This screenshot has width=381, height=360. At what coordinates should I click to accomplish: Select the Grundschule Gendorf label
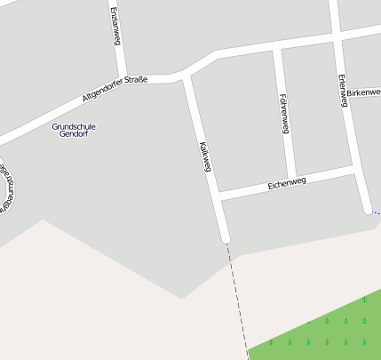click(x=74, y=130)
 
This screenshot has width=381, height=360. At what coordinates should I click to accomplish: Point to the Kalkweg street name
click(x=205, y=155)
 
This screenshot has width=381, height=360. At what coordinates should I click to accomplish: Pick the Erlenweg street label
click(x=341, y=90)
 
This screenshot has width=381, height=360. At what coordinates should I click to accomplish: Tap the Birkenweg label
click(x=363, y=92)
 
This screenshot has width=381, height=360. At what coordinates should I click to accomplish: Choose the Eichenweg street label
click(x=286, y=183)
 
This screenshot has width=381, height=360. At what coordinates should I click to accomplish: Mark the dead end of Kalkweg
click(x=226, y=237)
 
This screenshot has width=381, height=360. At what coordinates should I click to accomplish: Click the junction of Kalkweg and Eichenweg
click(x=217, y=195)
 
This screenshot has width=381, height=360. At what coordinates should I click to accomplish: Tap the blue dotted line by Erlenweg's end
click(x=376, y=213)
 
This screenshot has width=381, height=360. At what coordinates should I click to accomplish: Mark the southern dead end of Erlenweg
click(x=368, y=210)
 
